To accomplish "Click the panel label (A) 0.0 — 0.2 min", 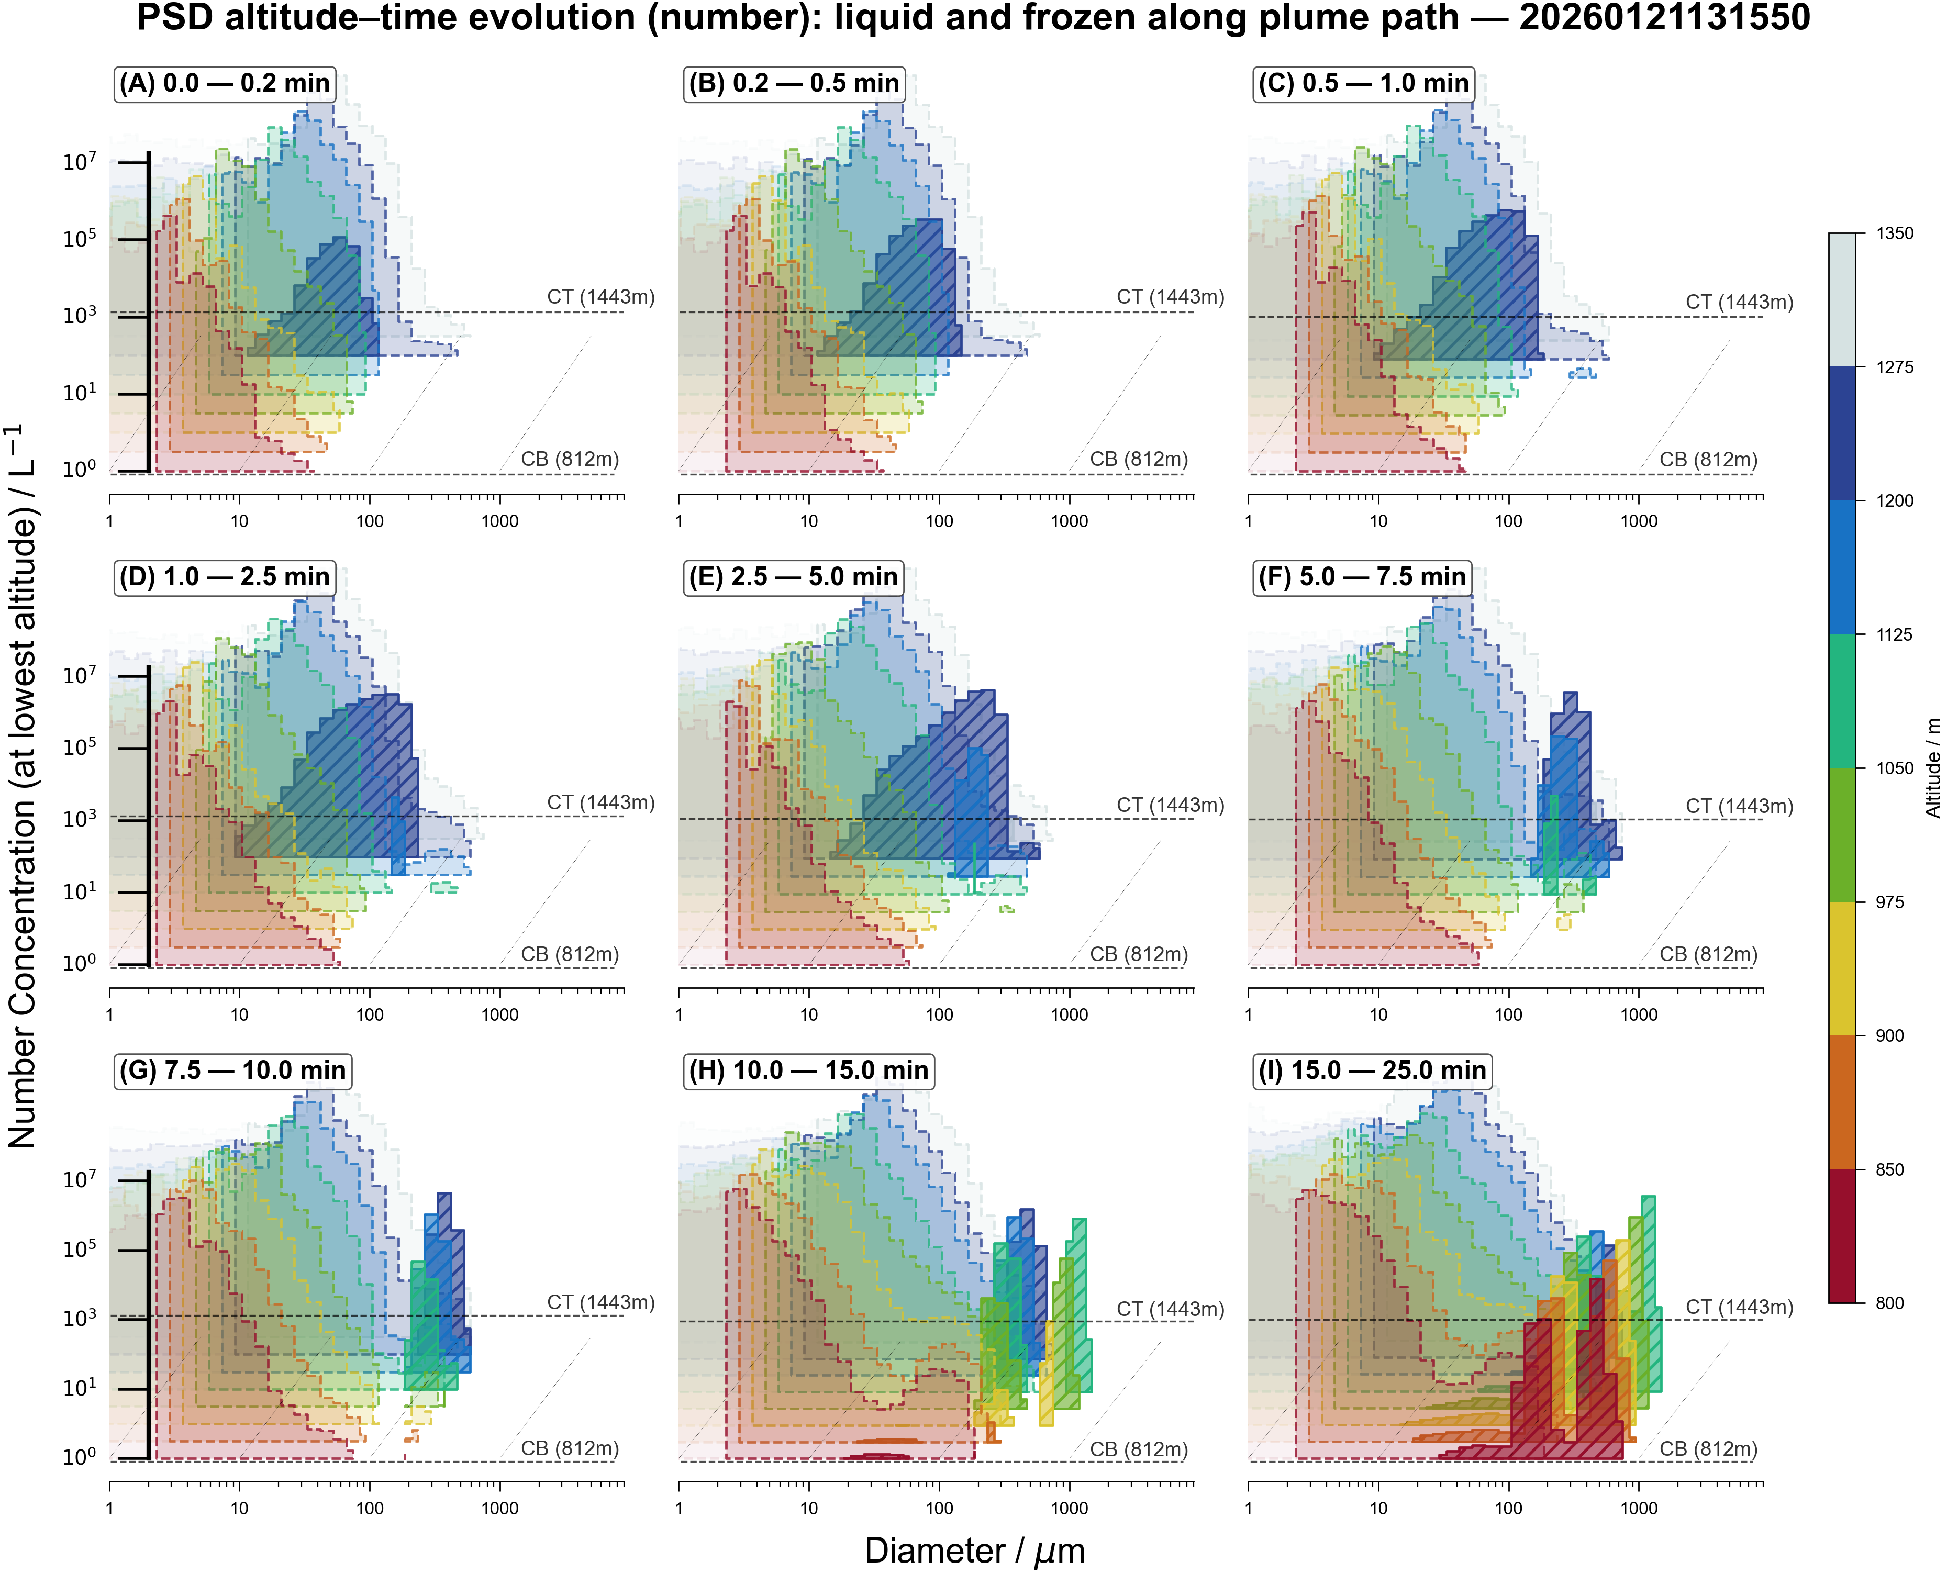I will [225, 83].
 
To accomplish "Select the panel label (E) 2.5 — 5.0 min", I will [793, 577].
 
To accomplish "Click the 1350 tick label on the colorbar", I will [1895, 234].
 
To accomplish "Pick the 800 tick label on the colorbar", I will [1889, 1303].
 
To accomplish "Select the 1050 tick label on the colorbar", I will [1895, 768].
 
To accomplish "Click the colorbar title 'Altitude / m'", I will [1932, 768].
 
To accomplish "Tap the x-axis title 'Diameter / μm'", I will [974, 1550].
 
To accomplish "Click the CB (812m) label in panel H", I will [1138, 1450].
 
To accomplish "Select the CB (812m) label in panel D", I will [569, 955].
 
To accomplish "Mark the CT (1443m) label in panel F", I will [1739, 807].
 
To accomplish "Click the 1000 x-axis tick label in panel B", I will [1069, 521].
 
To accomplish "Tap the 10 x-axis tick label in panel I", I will [1378, 1509].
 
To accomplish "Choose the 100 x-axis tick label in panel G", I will [369, 1509].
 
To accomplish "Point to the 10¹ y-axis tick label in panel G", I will [79, 1387].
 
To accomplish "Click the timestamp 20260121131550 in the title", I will [1664, 18].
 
